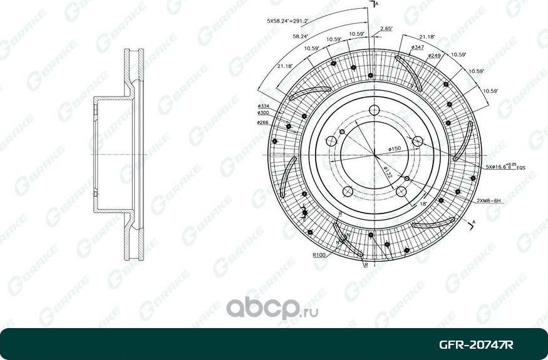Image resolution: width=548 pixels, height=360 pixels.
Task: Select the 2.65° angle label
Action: click(x=386, y=28)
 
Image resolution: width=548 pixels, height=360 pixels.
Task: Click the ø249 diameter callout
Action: click(x=435, y=56)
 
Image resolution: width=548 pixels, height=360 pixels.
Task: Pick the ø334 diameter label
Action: click(x=263, y=106)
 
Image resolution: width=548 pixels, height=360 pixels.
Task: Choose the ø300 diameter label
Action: click(x=263, y=113)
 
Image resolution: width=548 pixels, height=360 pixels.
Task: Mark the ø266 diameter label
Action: click(x=263, y=123)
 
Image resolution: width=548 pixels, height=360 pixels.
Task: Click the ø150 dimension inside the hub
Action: click(x=394, y=148)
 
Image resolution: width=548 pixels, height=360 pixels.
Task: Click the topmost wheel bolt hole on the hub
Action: click(x=374, y=110)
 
